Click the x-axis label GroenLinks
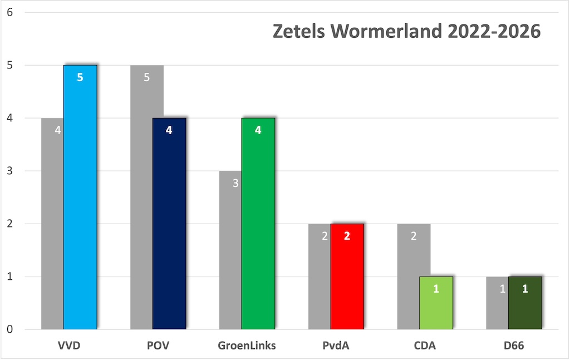(247, 346)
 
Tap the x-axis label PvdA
(336, 346)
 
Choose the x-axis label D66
(514, 346)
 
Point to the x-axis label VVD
(69, 346)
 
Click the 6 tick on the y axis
(10, 12)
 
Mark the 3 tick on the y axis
(10, 171)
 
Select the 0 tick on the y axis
(10, 329)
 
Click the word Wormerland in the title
(387, 32)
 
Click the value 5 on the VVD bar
(80, 77)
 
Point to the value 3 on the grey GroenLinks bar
(235, 183)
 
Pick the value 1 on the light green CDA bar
(436, 289)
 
